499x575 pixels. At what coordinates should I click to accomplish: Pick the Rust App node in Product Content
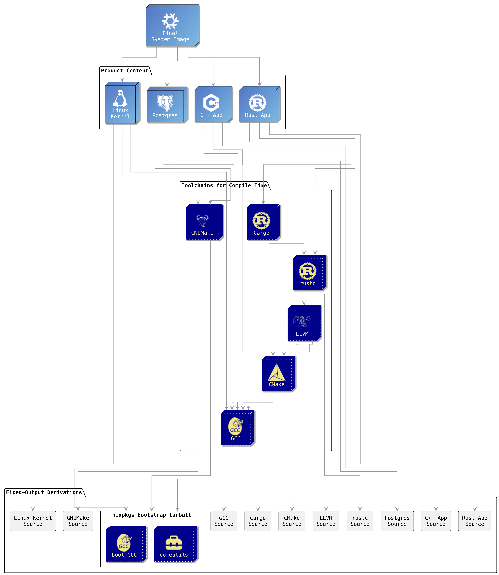(258, 104)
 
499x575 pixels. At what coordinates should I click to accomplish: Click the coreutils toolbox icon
(174, 542)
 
